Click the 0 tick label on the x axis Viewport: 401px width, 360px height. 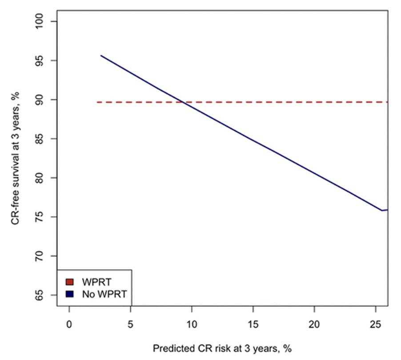click(69, 324)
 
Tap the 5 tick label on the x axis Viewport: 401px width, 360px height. click(131, 324)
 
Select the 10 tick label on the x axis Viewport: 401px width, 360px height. click(192, 324)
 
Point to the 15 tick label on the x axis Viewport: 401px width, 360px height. click(253, 324)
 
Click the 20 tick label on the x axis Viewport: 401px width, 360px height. click(314, 324)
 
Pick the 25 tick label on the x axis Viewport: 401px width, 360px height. click(375, 324)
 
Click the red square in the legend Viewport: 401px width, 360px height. click(69, 282)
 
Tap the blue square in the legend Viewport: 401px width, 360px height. click(69, 293)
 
